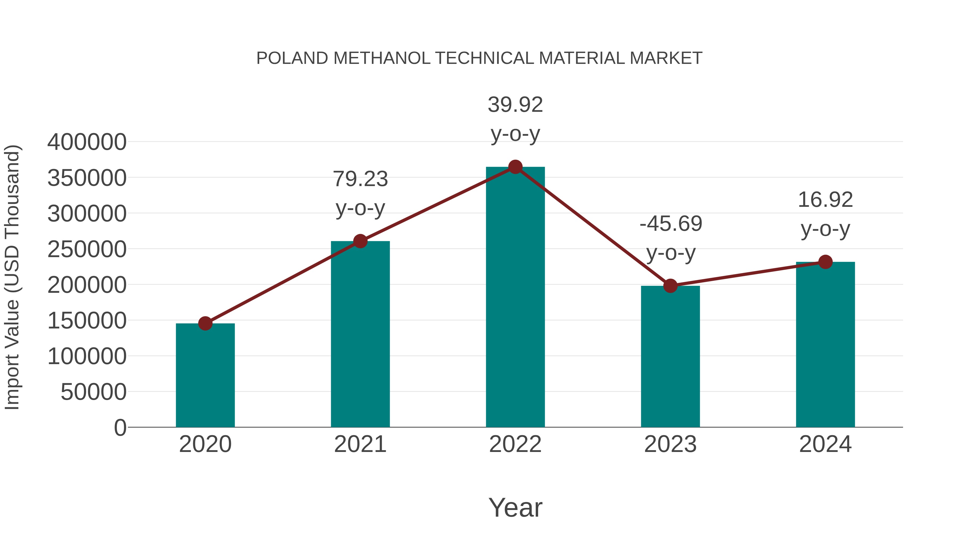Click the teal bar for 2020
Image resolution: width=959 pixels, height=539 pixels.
coord(205,376)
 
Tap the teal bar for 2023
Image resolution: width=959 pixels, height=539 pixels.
coord(670,357)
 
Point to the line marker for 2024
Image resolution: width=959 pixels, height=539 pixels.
coord(825,262)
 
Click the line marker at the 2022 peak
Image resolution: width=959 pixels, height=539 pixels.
coord(515,167)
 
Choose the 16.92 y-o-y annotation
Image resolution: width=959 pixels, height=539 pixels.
coord(825,214)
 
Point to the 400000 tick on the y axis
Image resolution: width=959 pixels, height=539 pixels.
coord(87,142)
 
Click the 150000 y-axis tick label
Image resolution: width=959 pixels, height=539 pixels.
coord(87,321)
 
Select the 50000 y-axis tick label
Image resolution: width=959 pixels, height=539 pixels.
coord(94,392)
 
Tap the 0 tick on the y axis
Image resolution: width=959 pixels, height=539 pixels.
coord(120,428)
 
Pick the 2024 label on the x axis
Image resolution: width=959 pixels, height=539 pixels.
coord(825,444)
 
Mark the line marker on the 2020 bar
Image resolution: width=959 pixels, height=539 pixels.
coord(205,323)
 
